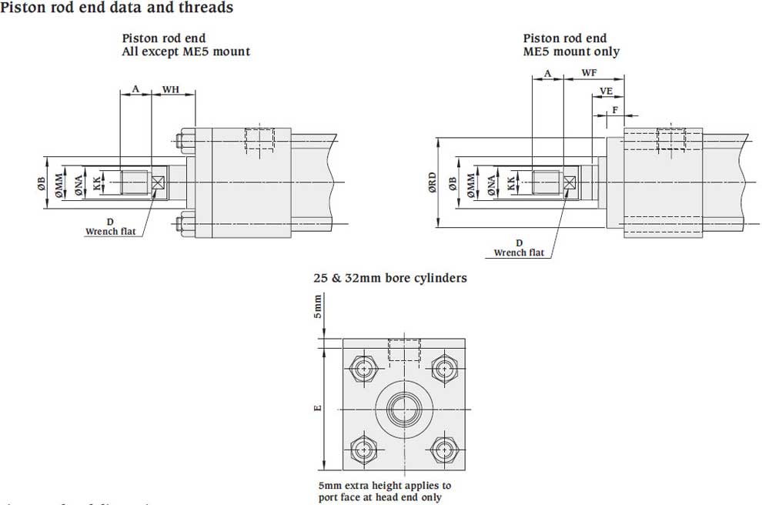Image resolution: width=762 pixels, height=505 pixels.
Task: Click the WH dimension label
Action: [x=170, y=90]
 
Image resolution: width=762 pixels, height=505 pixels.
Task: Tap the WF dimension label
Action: [x=590, y=72]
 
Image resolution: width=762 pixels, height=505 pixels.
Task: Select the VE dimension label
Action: [x=607, y=91]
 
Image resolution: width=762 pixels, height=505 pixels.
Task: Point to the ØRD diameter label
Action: [x=433, y=183]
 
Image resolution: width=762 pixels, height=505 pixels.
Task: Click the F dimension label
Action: [x=614, y=109]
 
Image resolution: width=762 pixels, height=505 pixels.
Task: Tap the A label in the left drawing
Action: [x=135, y=89]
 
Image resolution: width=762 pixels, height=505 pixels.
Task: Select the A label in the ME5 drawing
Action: [x=547, y=73]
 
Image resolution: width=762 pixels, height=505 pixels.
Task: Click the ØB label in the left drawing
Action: [x=42, y=184]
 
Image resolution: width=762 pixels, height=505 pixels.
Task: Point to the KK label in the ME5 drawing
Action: [x=512, y=184]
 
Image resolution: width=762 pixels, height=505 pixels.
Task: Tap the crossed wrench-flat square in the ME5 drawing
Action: [x=570, y=183]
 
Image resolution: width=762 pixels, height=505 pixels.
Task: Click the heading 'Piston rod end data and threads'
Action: [x=117, y=8]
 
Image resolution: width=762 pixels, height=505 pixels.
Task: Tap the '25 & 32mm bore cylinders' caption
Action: [x=389, y=278]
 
